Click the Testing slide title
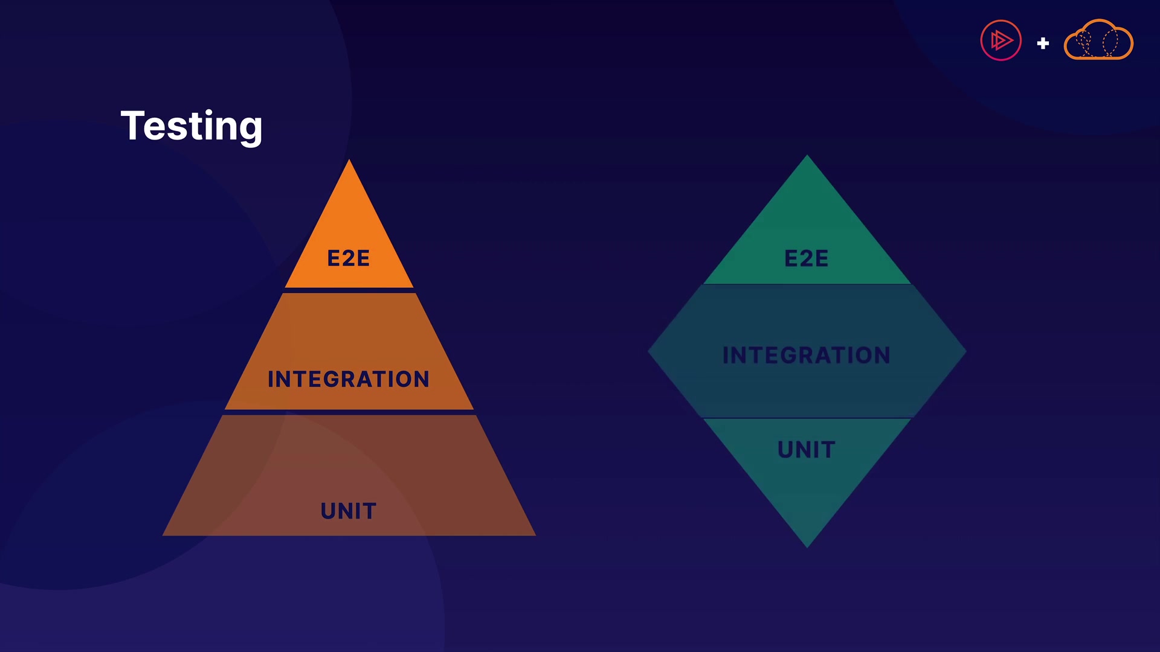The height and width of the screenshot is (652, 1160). [192, 127]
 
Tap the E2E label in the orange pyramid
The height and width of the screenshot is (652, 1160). [349, 258]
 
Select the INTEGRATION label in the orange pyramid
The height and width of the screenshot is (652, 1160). [349, 379]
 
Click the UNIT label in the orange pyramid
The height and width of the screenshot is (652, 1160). [349, 511]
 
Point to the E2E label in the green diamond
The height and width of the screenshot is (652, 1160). [807, 258]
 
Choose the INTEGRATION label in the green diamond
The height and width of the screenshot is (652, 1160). [807, 355]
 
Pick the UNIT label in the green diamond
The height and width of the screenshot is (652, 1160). [807, 450]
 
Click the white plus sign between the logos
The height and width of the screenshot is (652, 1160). [1043, 43]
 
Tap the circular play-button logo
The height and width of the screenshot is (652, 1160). [1001, 40]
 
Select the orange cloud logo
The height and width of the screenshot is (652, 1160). [1098, 39]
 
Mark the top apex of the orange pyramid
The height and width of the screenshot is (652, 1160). [349, 159]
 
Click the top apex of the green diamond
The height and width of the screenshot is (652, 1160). [807, 155]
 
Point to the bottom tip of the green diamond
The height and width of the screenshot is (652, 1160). [807, 548]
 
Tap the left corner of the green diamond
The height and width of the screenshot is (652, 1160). [648, 351]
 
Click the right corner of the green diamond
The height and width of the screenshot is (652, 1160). [967, 351]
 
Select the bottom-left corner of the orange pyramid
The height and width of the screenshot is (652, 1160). [163, 535]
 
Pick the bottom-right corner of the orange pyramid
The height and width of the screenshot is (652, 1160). [536, 535]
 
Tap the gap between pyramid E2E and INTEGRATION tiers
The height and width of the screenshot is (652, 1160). [349, 290]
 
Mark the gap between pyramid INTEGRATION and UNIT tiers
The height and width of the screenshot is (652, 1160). [349, 412]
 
